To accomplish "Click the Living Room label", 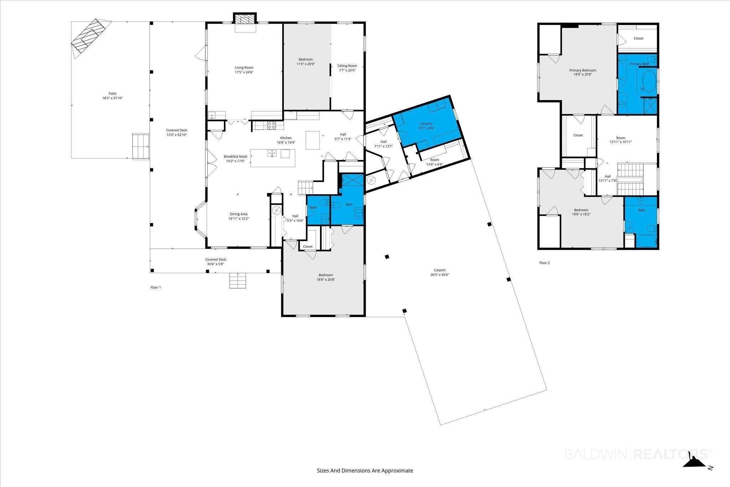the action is [x=244, y=68].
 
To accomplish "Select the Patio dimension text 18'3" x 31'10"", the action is [x=113, y=98].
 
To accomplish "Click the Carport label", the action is [x=439, y=270].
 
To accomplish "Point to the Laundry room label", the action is [x=426, y=124].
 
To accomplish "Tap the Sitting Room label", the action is [x=347, y=66].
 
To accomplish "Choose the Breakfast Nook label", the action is [x=235, y=157].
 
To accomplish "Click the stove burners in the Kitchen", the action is [x=271, y=125].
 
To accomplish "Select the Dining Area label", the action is [x=238, y=214].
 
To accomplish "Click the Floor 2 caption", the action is [x=544, y=263].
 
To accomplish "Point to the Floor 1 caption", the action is [x=155, y=287].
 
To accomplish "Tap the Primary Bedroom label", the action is [x=582, y=70].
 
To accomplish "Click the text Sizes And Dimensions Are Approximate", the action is [x=365, y=471].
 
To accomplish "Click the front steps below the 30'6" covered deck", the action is [x=237, y=281].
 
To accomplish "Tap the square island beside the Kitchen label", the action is [x=313, y=140].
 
